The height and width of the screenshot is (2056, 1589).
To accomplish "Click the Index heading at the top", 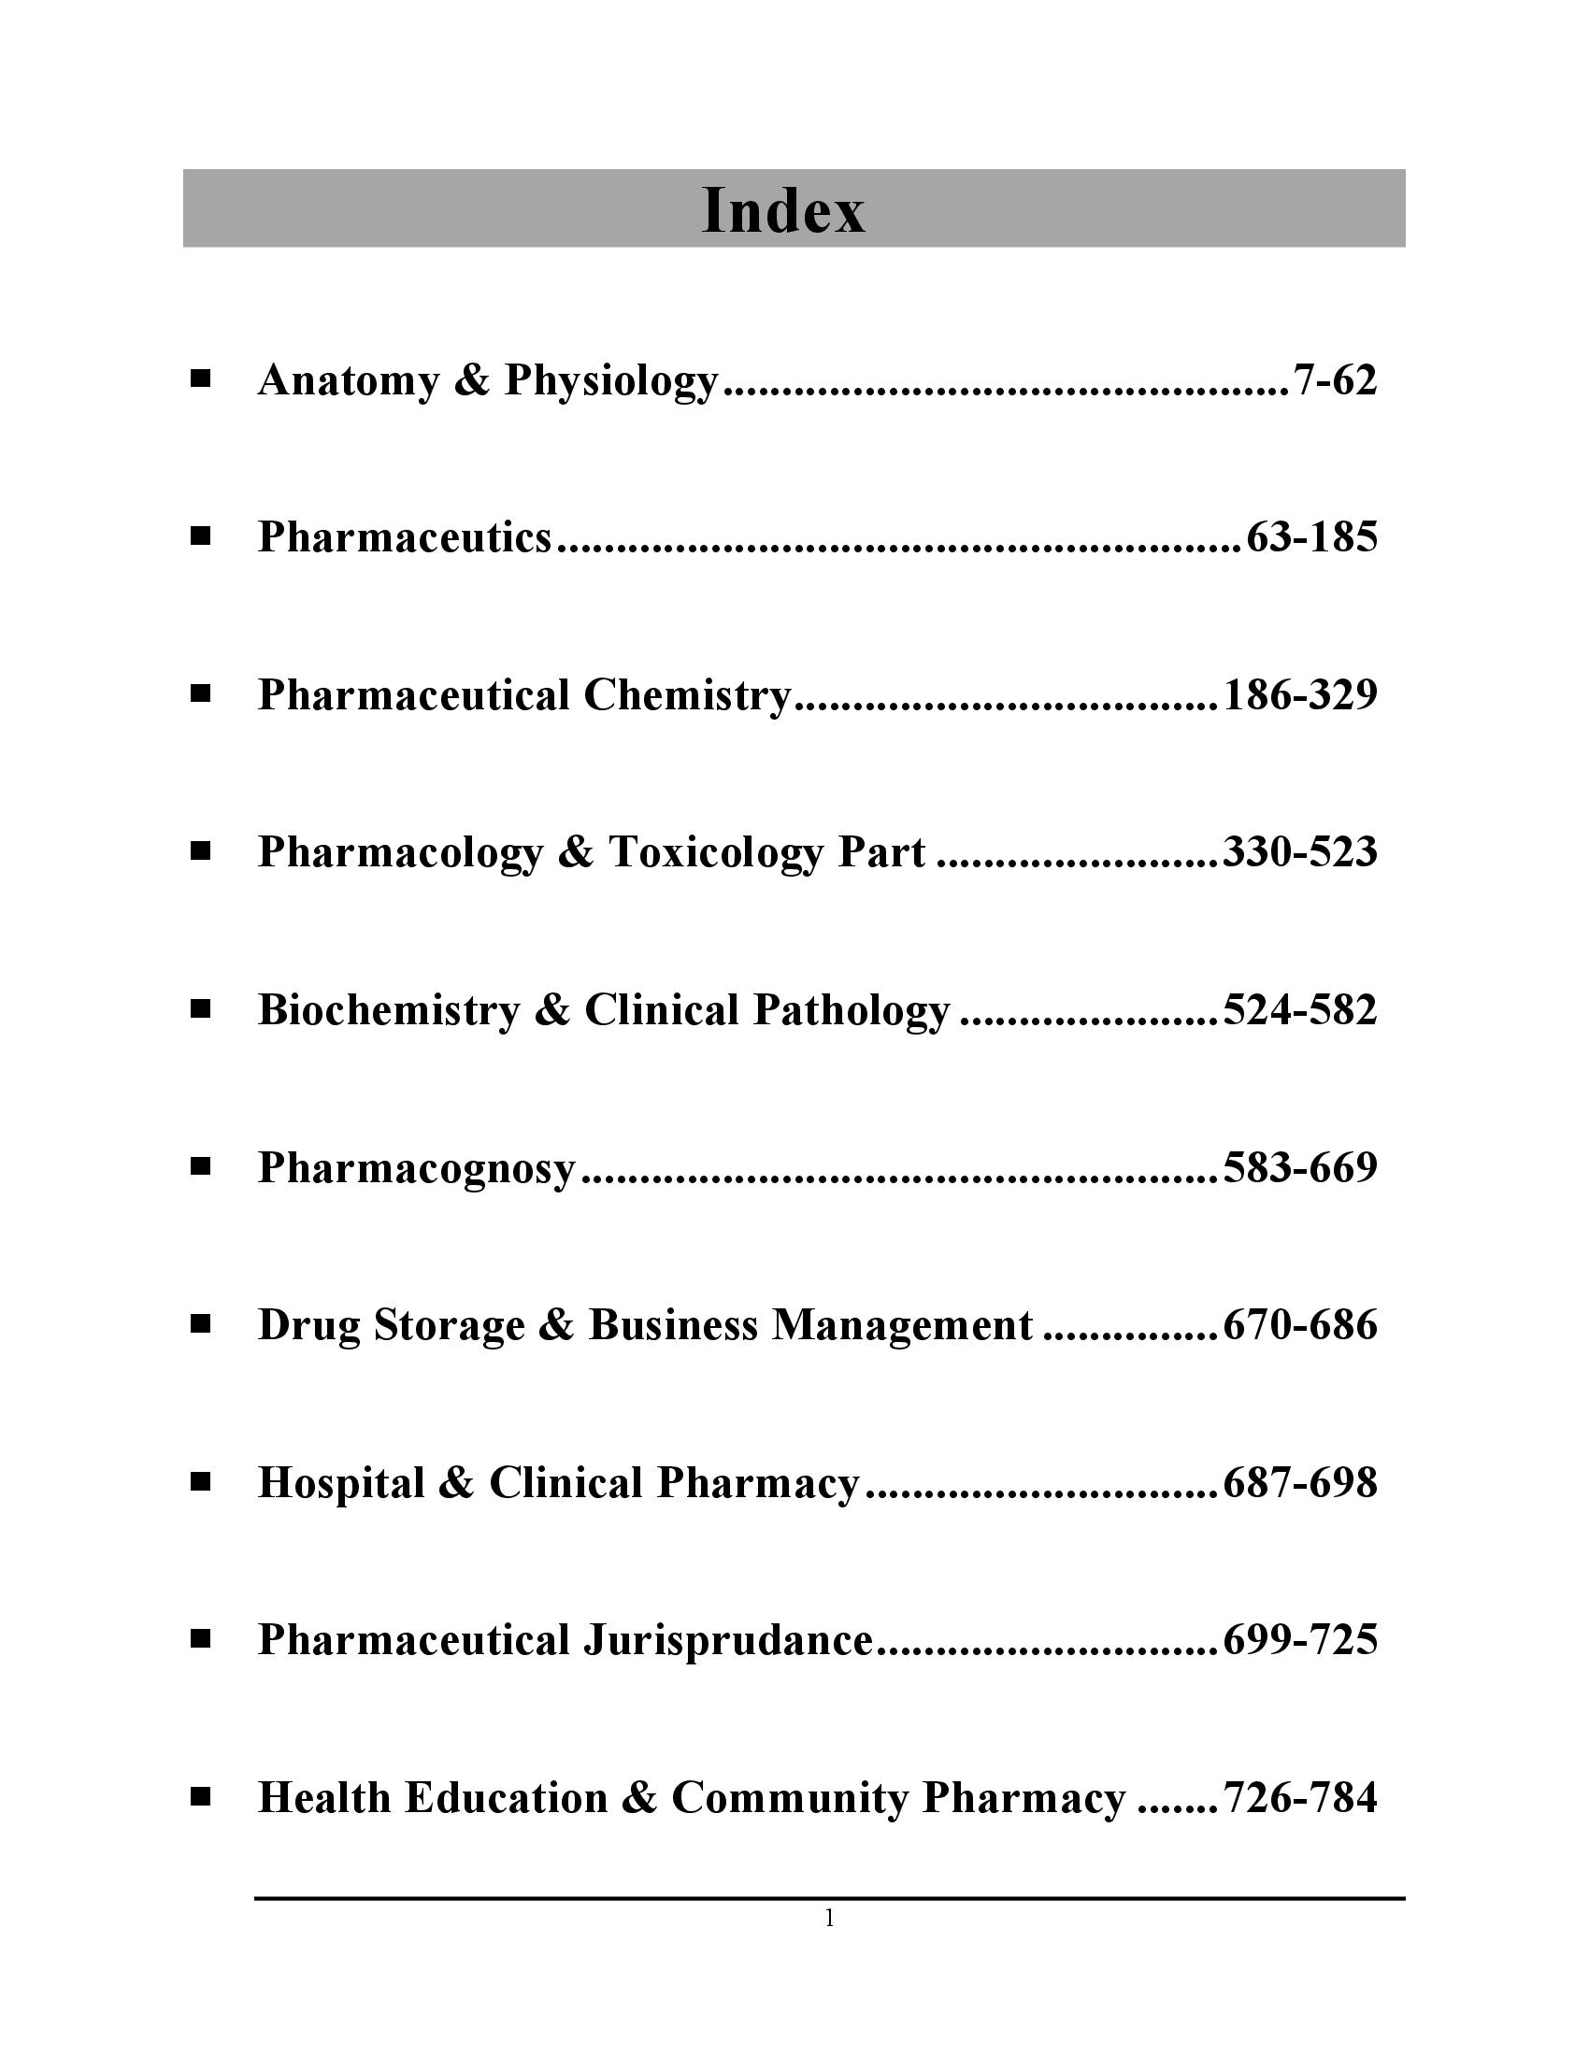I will click(x=783, y=211).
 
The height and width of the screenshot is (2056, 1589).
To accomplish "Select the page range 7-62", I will click(x=1335, y=380).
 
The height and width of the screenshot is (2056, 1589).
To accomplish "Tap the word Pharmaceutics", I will click(x=405, y=537).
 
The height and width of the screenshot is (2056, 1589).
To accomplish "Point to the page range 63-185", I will click(x=1311, y=537).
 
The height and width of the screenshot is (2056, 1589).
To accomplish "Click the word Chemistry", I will click(x=687, y=695).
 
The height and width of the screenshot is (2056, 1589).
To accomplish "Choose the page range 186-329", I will click(x=1300, y=695).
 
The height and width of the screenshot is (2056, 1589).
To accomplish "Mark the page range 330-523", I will click(x=1300, y=853).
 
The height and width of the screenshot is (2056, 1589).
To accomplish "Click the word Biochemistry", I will click(x=389, y=1010).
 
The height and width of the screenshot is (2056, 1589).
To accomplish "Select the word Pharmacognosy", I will click(x=416, y=1168).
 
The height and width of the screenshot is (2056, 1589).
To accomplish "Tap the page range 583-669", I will click(x=1300, y=1168).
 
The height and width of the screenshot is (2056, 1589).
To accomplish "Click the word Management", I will click(x=902, y=1325).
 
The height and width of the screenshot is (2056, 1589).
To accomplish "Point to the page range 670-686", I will click(x=1300, y=1325).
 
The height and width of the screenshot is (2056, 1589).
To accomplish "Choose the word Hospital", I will click(x=341, y=1483).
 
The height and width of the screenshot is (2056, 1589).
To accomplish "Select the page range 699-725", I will click(x=1300, y=1640).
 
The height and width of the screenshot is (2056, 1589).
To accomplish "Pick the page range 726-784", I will click(x=1300, y=1798).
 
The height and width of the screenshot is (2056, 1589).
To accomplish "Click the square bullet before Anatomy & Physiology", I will click(x=200, y=380).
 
